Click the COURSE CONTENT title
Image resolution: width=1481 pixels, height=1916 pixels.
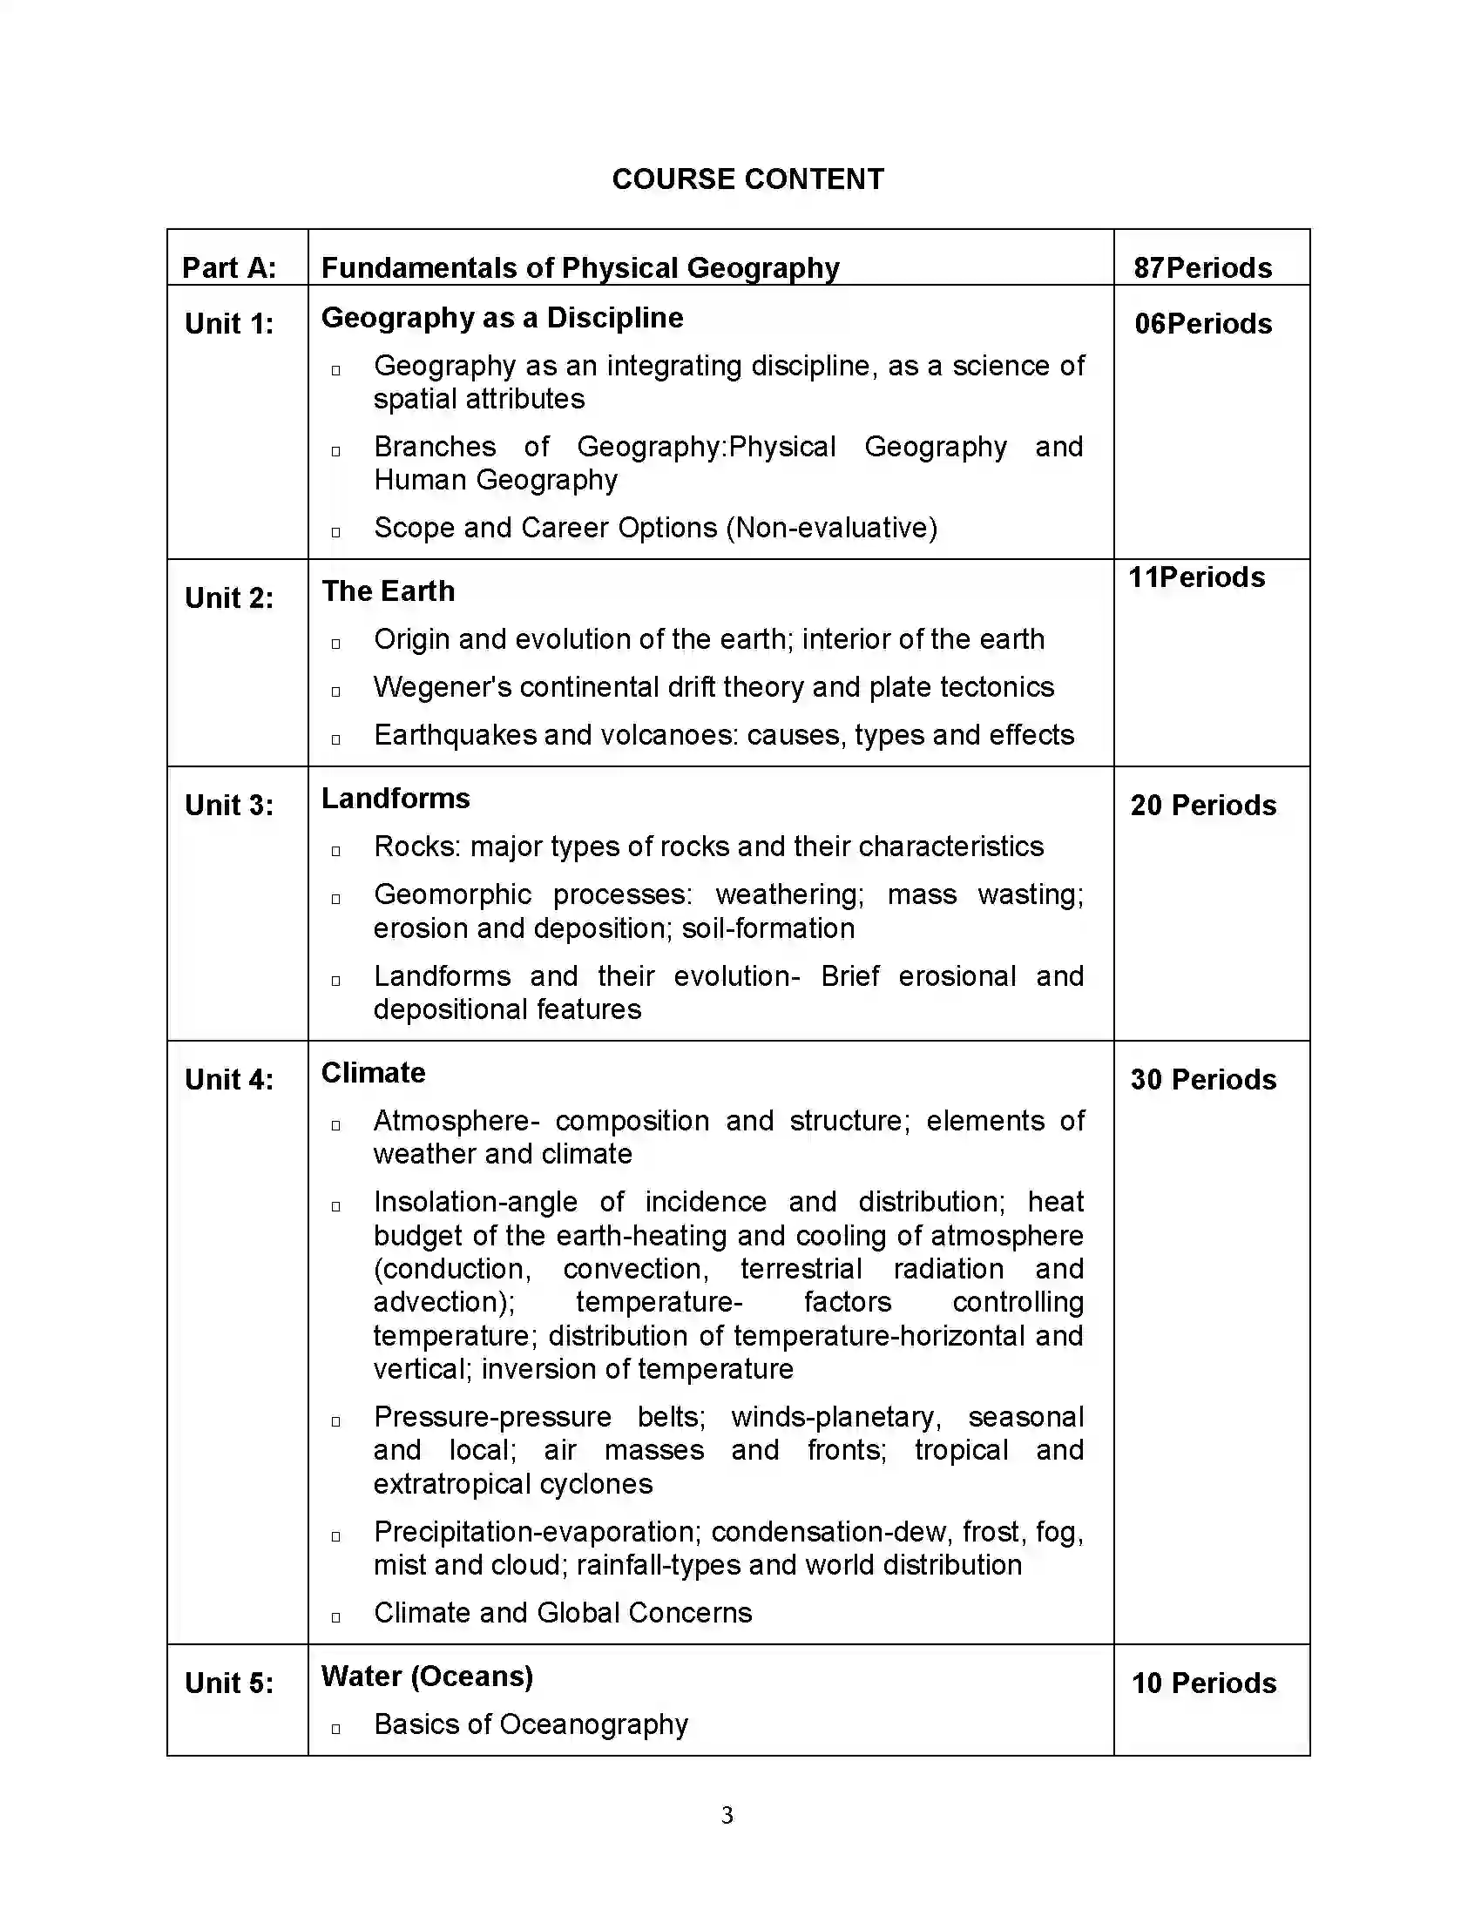point(747,179)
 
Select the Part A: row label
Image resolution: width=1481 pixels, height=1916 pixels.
point(229,267)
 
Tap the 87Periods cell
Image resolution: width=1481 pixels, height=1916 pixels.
point(1202,267)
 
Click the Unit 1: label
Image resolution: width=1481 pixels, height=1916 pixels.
point(229,324)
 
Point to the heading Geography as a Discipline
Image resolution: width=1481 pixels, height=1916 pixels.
point(502,318)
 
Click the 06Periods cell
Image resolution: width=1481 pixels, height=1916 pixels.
point(1203,324)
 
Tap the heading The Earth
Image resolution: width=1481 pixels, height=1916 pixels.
point(388,591)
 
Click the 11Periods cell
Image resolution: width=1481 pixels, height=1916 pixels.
point(1197,577)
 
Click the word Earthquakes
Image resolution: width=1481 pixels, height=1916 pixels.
point(455,735)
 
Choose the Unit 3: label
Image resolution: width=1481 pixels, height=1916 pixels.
point(229,806)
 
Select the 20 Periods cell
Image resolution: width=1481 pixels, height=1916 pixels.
point(1203,806)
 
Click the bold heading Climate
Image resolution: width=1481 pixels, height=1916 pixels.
point(373,1073)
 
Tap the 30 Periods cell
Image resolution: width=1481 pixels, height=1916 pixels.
point(1203,1080)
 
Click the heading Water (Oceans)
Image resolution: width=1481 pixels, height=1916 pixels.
point(427,1676)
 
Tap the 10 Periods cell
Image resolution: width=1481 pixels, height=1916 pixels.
point(1203,1683)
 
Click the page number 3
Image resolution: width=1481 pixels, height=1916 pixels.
point(727,1815)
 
